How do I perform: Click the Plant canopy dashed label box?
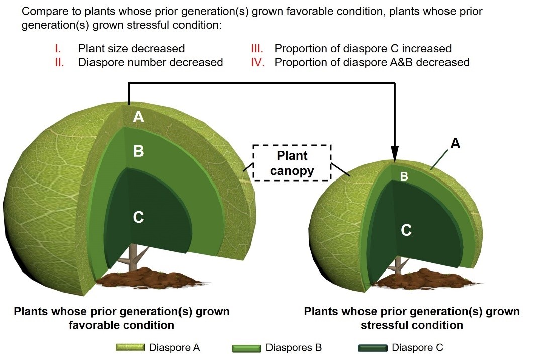(292, 163)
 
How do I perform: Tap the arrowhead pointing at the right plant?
(395, 153)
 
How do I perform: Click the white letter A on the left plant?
(139, 117)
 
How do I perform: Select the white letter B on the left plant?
(139, 151)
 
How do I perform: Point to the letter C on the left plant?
(139, 217)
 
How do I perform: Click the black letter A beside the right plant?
(455, 144)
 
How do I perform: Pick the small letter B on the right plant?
(404, 176)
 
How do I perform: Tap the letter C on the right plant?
(406, 230)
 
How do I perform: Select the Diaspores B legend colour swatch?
(247, 348)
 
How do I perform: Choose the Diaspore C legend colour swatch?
(372, 348)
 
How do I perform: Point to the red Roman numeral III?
(257, 49)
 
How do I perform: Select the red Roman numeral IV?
(258, 62)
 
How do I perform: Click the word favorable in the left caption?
(94, 325)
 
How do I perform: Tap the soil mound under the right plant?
(417, 276)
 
